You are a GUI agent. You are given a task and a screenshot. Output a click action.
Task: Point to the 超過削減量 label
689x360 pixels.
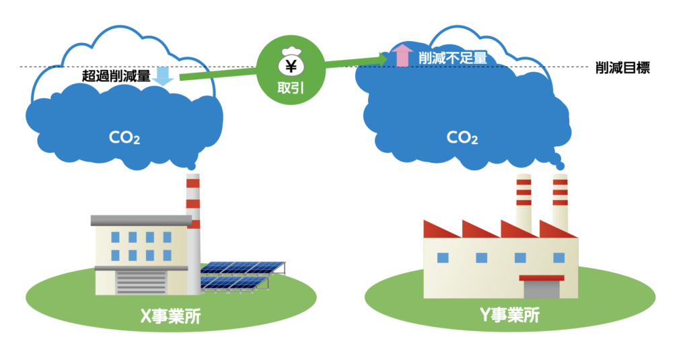click(116, 75)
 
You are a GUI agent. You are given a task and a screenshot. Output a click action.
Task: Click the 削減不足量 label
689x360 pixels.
click(451, 58)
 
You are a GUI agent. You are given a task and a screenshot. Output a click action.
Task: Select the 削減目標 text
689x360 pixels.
click(622, 68)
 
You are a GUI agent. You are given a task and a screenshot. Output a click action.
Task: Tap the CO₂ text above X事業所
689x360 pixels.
click(124, 138)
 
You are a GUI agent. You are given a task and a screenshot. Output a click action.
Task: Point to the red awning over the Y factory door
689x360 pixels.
click(541, 277)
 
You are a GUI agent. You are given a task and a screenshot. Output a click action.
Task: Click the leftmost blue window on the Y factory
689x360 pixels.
click(442, 257)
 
